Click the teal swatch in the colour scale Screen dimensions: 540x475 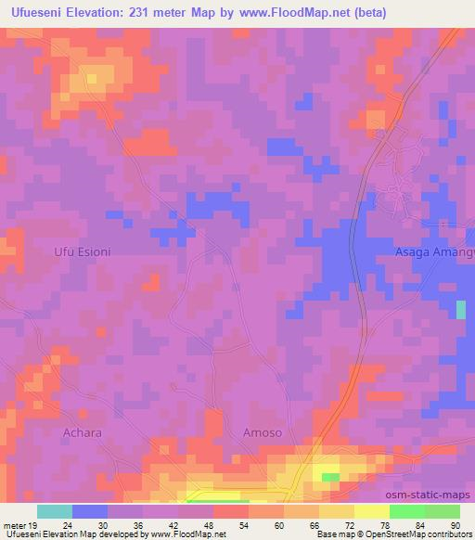(55, 511)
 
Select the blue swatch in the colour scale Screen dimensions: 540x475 (90, 511)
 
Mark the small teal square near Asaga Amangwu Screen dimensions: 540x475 (461, 310)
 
